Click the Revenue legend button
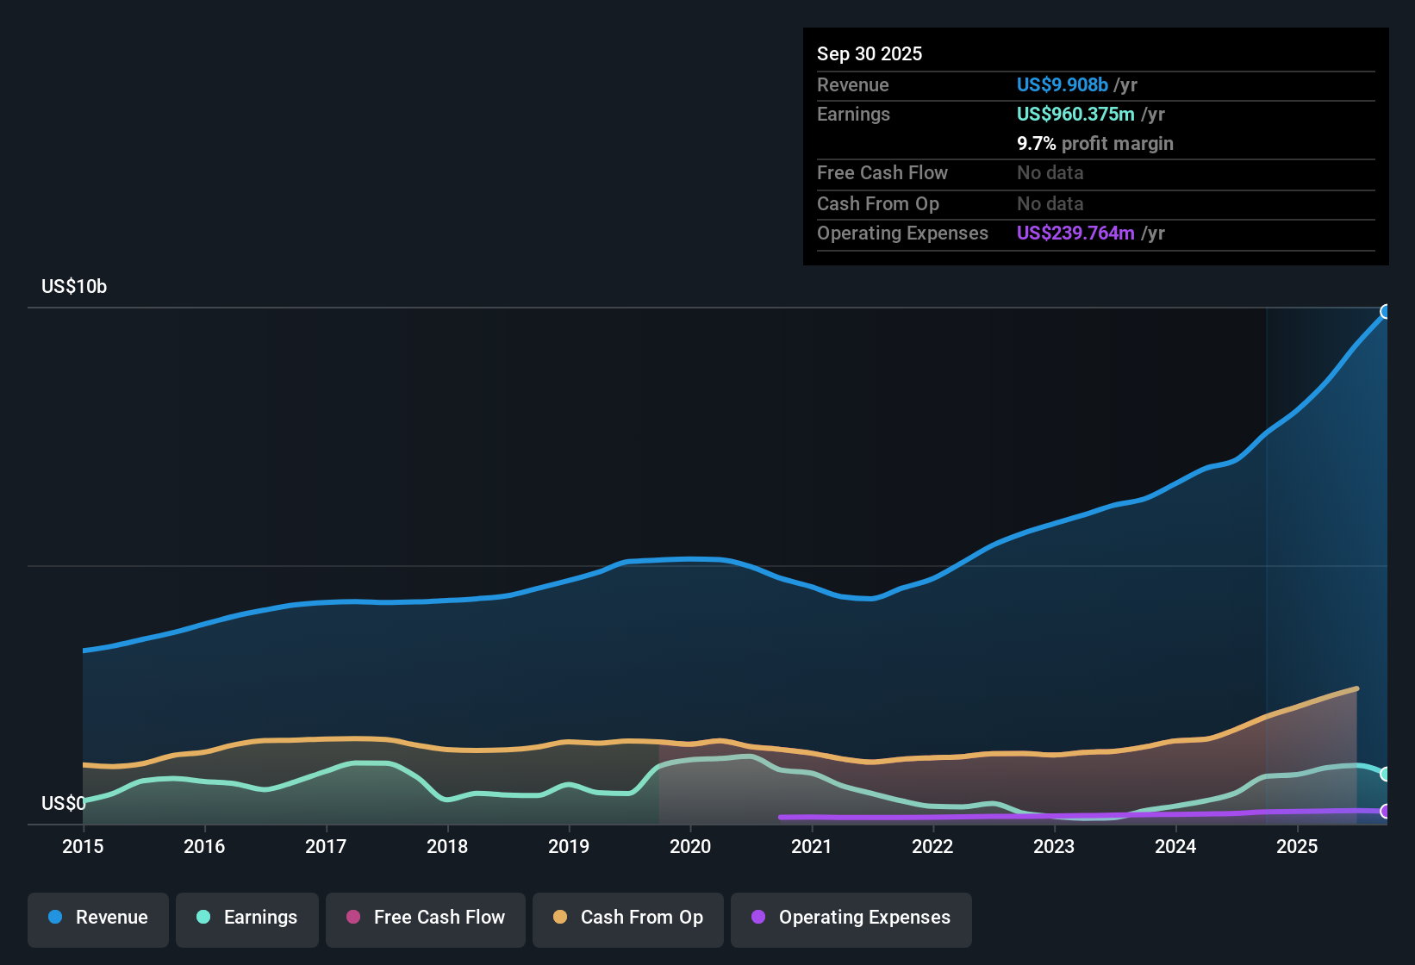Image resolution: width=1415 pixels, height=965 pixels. (x=98, y=918)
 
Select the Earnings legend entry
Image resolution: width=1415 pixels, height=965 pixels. (x=247, y=918)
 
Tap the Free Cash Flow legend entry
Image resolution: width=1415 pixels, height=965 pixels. (x=426, y=918)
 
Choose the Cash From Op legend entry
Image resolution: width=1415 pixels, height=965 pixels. (x=628, y=918)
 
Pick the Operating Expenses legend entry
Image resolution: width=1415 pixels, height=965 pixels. (x=851, y=918)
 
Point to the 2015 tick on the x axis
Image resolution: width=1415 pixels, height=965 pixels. (x=83, y=846)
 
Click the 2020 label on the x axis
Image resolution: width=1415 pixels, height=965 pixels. (x=690, y=846)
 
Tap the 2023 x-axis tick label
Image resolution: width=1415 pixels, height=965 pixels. (x=1054, y=846)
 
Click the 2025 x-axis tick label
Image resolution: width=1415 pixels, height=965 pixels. (x=1297, y=846)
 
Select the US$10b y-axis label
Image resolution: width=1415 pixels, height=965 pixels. (x=74, y=287)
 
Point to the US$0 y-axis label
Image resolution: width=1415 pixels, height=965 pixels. (x=63, y=804)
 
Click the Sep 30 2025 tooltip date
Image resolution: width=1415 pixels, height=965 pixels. (x=870, y=54)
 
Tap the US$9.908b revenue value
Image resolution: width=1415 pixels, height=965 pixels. (x=1062, y=85)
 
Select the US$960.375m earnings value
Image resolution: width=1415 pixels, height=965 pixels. (x=1075, y=115)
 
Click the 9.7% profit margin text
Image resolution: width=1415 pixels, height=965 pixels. (x=1094, y=144)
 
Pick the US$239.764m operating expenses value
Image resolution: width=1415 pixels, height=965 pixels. (x=1075, y=233)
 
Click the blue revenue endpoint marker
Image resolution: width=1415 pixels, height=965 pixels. (x=1386, y=312)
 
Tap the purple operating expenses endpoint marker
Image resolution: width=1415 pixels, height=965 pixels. (x=1386, y=811)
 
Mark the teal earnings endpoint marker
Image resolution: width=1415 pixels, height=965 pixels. (x=1386, y=774)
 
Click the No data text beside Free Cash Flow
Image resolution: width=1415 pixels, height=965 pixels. (x=1050, y=173)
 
